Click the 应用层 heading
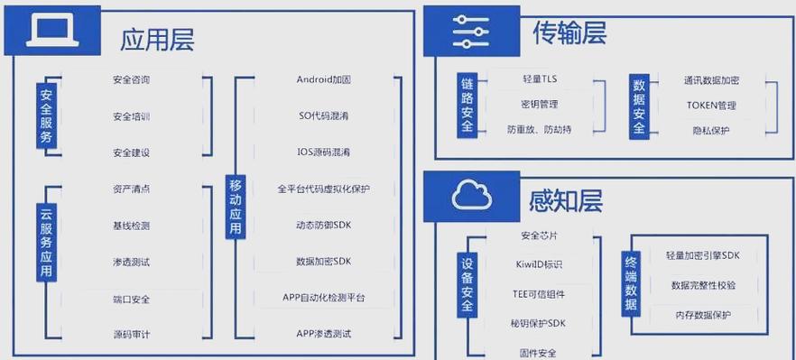click(158, 39)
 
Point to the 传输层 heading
click(569, 33)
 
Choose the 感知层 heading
click(567, 198)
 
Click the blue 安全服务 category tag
click(46, 115)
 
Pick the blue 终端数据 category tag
click(631, 282)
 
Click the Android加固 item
click(323, 79)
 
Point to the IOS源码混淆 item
click(323, 152)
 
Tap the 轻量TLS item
click(540, 79)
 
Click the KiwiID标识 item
click(539, 264)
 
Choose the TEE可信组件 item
click(539, 294)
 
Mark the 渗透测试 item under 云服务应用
click(132, 262)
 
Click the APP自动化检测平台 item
click(323, 298)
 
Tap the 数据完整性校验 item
click(703, 285)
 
